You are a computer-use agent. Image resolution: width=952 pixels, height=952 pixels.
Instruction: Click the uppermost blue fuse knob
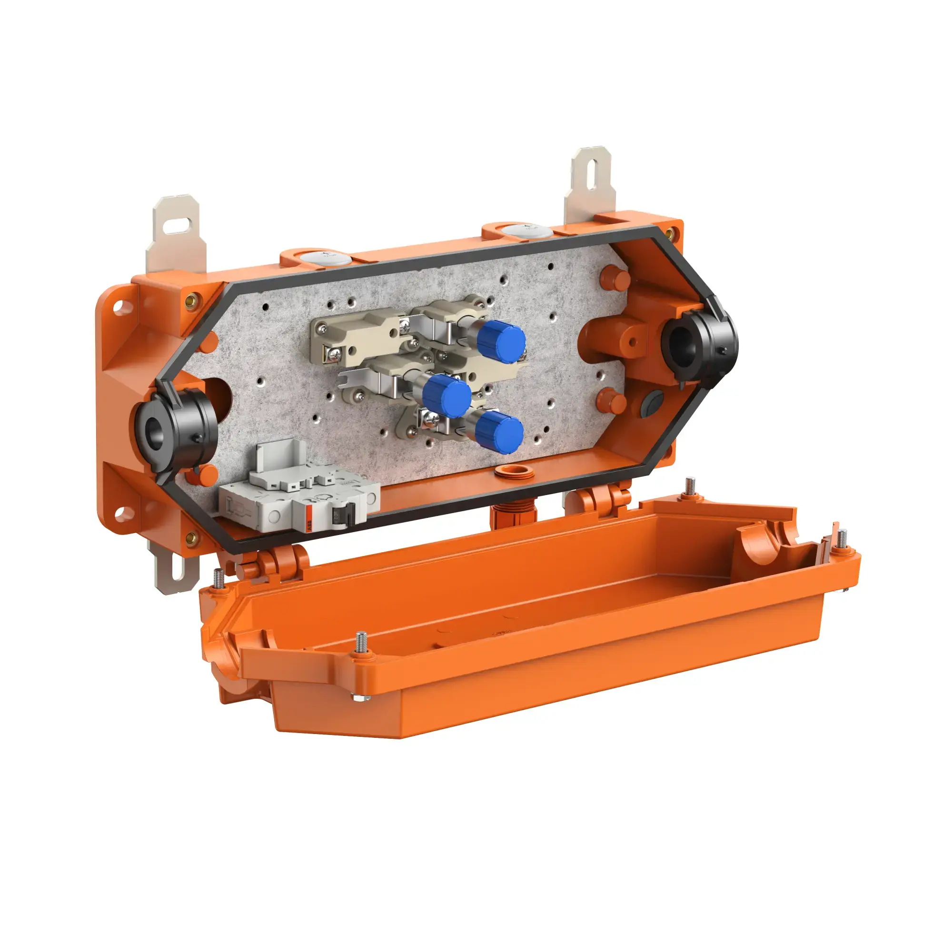pyautogui.click(x=503, y=340)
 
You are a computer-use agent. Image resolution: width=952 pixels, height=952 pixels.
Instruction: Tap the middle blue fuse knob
pyautogui.click(x=449, y=396)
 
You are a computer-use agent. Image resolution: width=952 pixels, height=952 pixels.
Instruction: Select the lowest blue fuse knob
pyautogui.click(x=501, y=432)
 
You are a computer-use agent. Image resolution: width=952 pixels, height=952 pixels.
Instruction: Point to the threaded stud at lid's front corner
pyautogui.click(x=362, y=643)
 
